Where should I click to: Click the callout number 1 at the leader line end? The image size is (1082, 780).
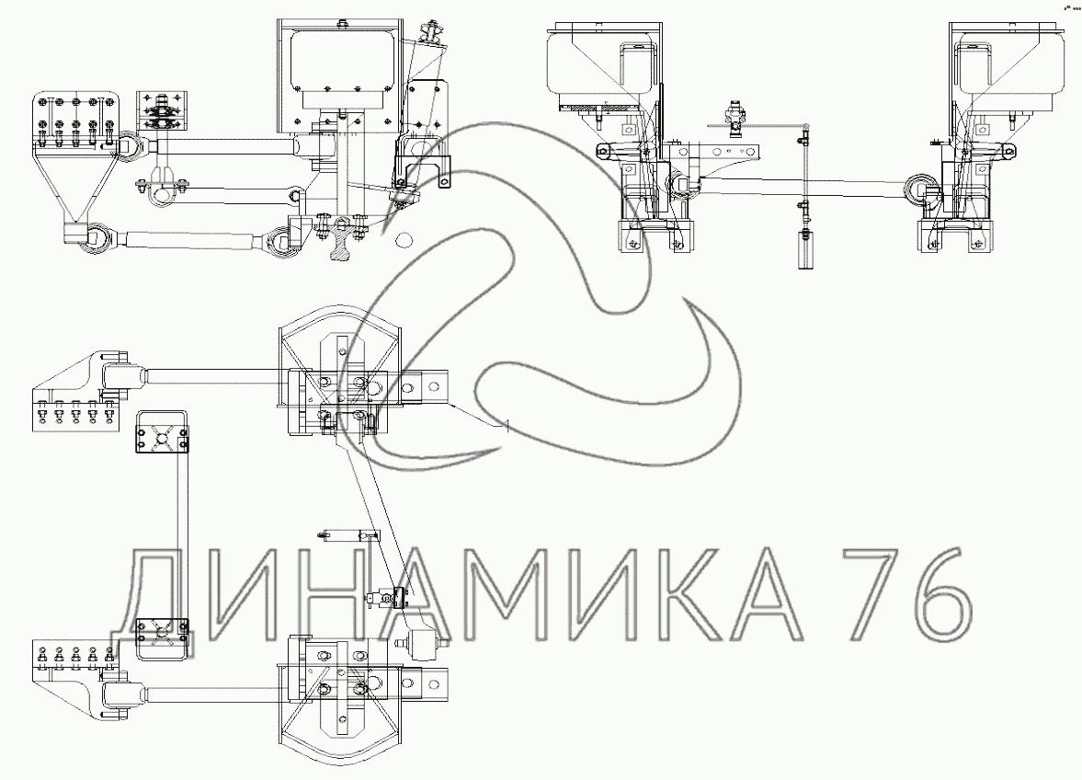[507, 427]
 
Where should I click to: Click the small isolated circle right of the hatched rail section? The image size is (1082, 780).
[403, 239]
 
